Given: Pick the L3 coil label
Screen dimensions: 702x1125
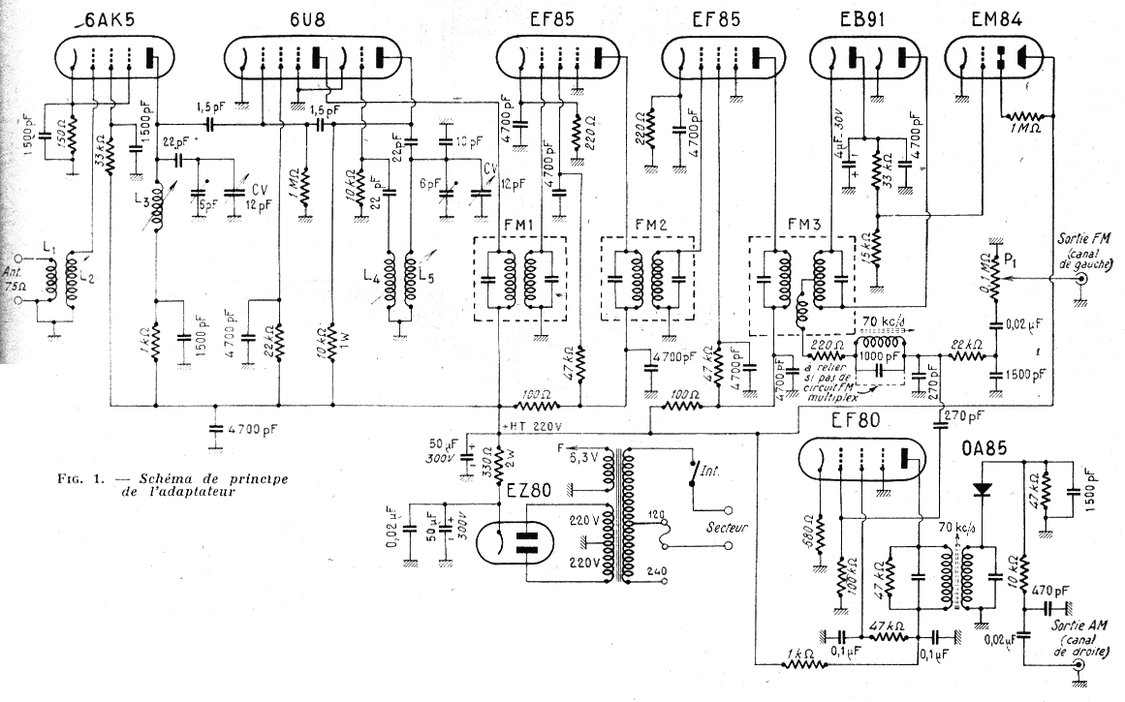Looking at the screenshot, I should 143,202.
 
